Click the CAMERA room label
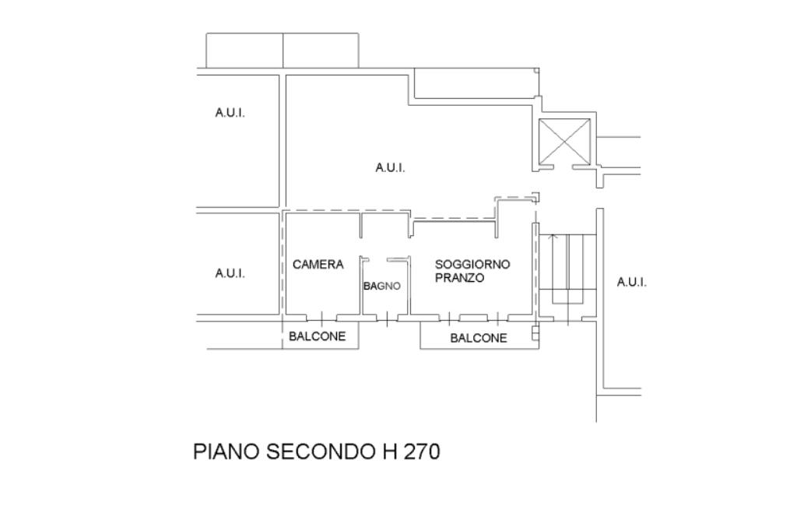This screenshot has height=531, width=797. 318,265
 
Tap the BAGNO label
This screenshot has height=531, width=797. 381,286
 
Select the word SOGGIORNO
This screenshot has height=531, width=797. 472,264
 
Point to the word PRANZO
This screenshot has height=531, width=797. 459,278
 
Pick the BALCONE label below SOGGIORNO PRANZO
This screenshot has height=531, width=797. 478,338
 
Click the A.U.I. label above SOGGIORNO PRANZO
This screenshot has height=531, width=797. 390,167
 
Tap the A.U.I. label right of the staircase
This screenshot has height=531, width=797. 631,282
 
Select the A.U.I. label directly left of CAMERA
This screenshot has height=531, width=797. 230,273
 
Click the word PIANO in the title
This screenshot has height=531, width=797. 226,452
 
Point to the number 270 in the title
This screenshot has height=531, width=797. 422,452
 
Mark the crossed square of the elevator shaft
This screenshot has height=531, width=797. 565,141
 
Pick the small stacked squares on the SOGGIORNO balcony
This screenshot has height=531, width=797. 535,332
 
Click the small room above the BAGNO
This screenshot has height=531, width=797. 384,226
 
